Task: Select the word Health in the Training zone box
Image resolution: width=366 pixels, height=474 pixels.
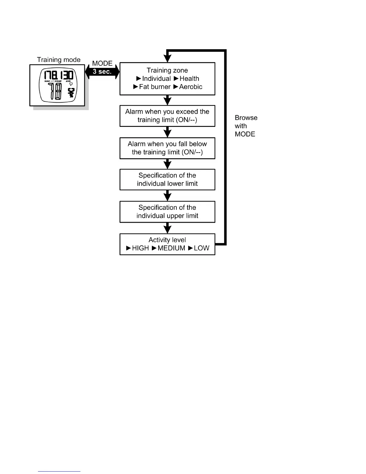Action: click(189, 79)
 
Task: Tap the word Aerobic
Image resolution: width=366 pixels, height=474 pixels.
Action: click(191, 87)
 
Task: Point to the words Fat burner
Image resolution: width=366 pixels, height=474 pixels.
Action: click(155, 87)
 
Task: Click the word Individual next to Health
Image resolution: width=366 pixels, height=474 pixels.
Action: click(156, 79)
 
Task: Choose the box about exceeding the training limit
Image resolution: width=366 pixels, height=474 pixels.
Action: click(167, 116)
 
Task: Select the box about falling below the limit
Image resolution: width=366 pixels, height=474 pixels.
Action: click(167, 148)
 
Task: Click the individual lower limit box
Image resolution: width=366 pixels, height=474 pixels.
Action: click(167, 180)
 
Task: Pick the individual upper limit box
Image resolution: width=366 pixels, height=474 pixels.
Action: click(167, 212)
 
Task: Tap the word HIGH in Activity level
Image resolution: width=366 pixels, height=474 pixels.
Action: click(140, 248)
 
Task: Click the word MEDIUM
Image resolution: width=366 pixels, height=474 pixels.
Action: click(171, 248)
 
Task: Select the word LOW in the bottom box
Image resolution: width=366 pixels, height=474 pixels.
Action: click(202, 248)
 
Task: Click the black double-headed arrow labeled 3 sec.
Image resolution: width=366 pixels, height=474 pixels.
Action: click(102, 72)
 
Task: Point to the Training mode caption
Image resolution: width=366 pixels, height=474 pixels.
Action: click(59, 60)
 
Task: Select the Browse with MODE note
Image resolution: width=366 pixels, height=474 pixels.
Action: click(245, 126)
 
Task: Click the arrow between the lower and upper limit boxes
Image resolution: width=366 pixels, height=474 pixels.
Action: click(167, 196)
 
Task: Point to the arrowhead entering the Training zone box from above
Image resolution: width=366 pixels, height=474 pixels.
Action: click(168, 58)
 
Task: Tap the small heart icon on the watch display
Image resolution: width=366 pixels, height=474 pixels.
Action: click(71, 84)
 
